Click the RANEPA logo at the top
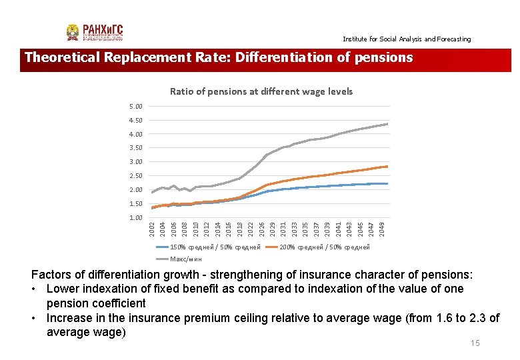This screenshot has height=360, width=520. coord(95,33)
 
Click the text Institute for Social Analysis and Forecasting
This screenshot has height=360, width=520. coord(407,39)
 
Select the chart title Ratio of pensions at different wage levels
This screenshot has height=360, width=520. coord(261,91)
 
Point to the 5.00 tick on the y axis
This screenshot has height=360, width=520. coord(135,107)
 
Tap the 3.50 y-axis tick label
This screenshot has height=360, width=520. coord(135,148)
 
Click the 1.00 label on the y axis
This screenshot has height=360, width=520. coord(135,218)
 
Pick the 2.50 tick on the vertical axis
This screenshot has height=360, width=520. coord(135,176)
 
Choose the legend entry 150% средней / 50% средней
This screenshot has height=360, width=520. coord(215,247)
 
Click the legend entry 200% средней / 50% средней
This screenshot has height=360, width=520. coord(325,247)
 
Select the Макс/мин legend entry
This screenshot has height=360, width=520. coord(186,259)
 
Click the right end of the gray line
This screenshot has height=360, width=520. coord(387,124)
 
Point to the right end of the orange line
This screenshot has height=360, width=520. coord(387,167)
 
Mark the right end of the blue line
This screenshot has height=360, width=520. coord(387,183)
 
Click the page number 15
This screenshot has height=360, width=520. coord(475,343)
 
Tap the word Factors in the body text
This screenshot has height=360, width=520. coord(54,275)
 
